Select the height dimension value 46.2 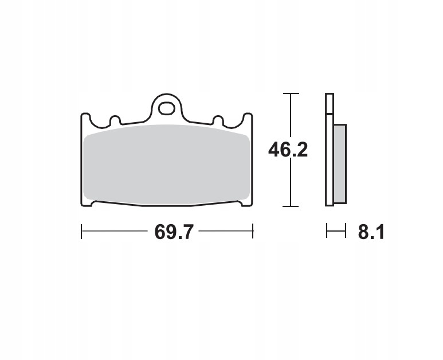(288, 150)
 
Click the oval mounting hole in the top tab (167, 107)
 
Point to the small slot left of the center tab (115, 121)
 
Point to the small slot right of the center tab (218, 121)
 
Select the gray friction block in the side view (340, 164)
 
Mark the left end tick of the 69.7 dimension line (82, 232)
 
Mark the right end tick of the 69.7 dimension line (253, 232)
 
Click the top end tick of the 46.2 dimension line (291, 93)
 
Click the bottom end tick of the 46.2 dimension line (291, 206)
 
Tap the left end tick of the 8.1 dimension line (327, 232)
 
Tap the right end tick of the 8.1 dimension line (346, 232)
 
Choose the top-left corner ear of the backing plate (85, 117)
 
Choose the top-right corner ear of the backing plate (248, 117)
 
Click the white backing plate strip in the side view (329, 161)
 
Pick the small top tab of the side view (329, 103)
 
